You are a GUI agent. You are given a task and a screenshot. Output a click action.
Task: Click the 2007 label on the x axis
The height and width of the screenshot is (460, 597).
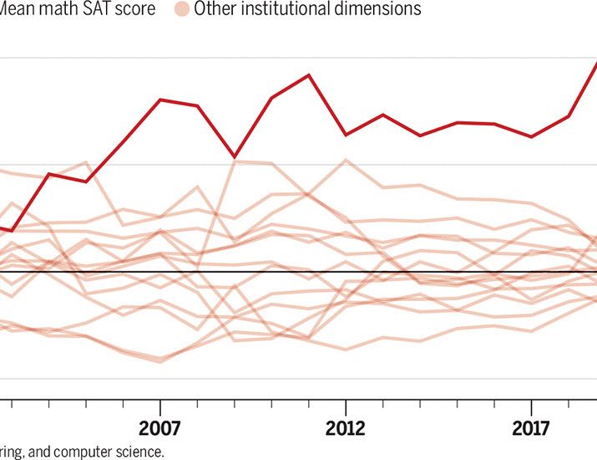[x=159, y=428]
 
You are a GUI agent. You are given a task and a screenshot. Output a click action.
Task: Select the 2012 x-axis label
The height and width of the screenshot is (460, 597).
[x=346, y=428]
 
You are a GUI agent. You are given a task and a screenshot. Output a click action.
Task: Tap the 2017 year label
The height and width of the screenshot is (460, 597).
[x=532, y=428]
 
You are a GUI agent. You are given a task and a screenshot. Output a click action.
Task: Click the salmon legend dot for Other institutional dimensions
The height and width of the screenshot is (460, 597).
[x=180, y=10]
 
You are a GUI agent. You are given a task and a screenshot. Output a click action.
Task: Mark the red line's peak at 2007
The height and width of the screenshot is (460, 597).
[x=159, y=100]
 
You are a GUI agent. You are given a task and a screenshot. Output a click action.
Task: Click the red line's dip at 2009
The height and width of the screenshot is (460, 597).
[x=235, y=156]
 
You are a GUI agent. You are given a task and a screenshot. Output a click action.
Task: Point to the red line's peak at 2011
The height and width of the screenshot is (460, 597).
[x=309, y=75]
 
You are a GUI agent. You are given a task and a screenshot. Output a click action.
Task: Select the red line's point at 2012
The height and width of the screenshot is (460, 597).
[x=346, y=135]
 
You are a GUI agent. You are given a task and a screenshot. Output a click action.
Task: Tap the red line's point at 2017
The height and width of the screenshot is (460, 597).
[x=532, y=136]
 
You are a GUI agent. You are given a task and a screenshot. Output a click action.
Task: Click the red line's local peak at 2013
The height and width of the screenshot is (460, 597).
[x=383, y=115]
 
